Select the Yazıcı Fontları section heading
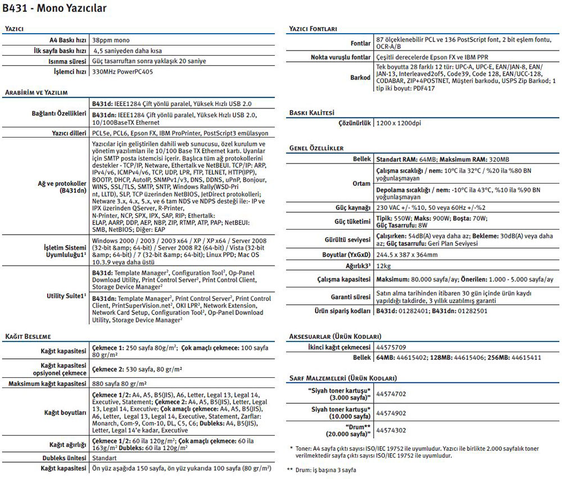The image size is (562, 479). point(321,29)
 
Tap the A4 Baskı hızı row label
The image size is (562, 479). point(67,40)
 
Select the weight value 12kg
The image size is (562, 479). point(383,266)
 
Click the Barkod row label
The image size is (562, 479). point(360,77)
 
